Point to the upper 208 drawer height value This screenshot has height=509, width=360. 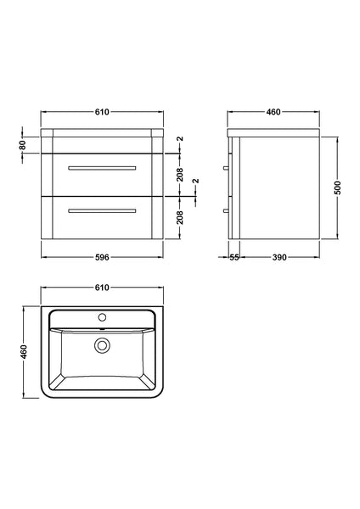coord(180,175)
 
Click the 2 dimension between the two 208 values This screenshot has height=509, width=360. coord(196,182)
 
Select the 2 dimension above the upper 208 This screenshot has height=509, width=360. coord(180,139)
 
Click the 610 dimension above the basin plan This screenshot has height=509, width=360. coord(101,288)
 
